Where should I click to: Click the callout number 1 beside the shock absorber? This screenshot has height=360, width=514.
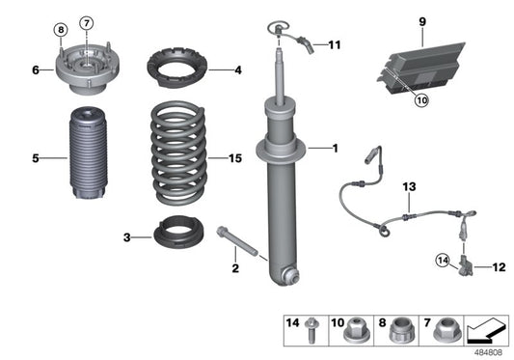tap(335, 149)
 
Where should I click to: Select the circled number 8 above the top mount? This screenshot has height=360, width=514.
tap(61, 29)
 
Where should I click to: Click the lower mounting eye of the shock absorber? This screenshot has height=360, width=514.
tap(290, 278)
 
